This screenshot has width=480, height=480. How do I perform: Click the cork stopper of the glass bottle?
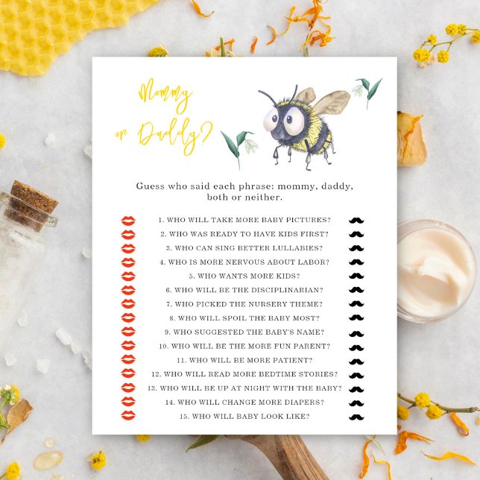(x=34, y=198)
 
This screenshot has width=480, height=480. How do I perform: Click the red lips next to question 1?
(x=128, y=221)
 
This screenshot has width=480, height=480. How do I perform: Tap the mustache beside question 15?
(x=356, y=417)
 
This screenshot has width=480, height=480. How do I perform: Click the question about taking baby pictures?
(x=244, y=221)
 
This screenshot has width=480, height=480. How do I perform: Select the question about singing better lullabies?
(x=244, y=248)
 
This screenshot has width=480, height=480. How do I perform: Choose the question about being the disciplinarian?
(x=244, y=290)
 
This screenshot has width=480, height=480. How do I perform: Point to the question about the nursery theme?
(x=244, y=304)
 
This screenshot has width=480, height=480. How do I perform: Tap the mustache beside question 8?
(x=356, y=318)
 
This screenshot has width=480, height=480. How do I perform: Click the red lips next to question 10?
(x=128, y=346)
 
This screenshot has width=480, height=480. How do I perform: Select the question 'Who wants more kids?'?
(x=244, y=277)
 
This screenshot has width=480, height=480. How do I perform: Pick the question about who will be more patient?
(x=244, y=360)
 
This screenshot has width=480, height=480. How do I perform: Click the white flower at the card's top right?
(x=360, y=89)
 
